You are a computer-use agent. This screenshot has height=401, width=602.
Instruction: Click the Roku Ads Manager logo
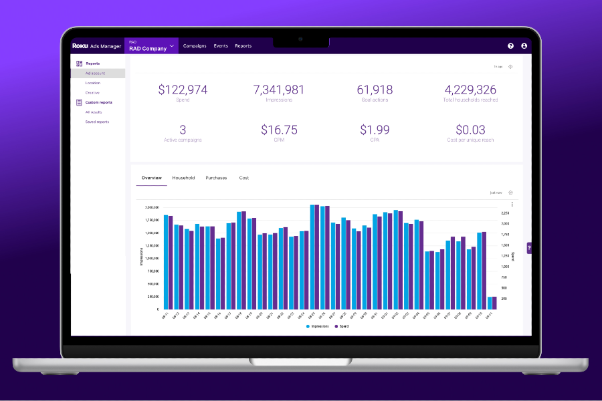[96, 46]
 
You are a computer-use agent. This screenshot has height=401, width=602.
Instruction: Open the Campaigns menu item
[195, 46]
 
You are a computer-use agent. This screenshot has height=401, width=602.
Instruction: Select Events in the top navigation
[221, 46]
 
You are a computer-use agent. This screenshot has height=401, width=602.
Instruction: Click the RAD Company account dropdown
[152, 46]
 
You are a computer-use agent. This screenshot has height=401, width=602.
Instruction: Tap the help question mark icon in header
[510, 46]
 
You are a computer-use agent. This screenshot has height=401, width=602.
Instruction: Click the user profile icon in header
[524, 46]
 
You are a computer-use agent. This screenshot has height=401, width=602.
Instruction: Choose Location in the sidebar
[93, 83]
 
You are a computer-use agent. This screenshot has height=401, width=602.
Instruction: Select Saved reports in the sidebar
[97, 122]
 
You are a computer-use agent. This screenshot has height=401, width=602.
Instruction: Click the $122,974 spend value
[183, 90]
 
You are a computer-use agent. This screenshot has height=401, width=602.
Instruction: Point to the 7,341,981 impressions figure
[279, 90]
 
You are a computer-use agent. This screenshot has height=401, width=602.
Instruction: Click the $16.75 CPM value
[279, 130]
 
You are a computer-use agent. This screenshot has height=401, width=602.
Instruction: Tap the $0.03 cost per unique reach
[470, 130]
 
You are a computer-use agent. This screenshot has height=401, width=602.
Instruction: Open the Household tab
[183, 178]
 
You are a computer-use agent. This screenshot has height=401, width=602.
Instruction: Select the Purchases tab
[216, 178]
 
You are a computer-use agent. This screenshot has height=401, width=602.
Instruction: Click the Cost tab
[244, 178]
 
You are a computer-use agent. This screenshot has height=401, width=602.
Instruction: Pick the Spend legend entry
[341, 326]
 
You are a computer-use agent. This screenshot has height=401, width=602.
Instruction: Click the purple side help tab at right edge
[529, 248]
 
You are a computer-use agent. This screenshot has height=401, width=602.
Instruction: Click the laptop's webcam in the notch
[300, 39]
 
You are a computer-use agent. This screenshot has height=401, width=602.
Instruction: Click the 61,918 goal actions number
[375, 90]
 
